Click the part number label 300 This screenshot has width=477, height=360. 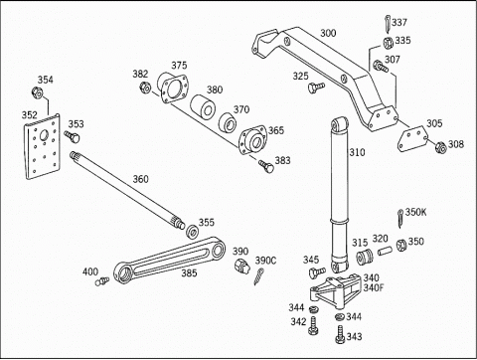(x=328, y=33)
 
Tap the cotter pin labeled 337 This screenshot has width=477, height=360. (x=388, y=24)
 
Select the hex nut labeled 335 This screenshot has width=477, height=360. (x=388, y=42)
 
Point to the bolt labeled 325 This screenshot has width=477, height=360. (x=316, y=88)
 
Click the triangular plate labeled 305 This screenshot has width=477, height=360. (x=412, y=139)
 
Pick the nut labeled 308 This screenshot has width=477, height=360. (x=440, y=147)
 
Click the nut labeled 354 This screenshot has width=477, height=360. (x=37, y=92)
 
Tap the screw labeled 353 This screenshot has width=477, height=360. (x=72, y=136)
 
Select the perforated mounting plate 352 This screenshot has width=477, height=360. (x=43, y=147)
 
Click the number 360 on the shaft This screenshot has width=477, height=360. (x=140, y=179)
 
